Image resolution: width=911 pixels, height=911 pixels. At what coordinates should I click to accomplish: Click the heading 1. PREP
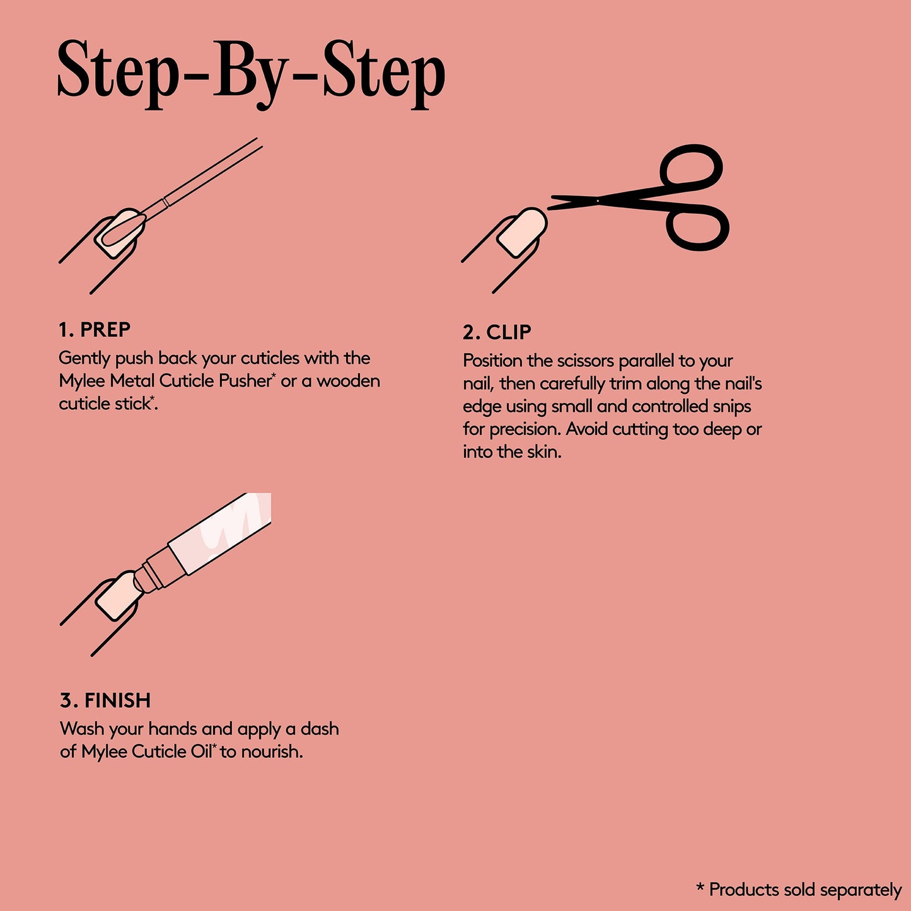pyautogui.click(x=95, y=330)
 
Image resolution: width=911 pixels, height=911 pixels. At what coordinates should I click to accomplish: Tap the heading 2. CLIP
pyautogui.click(x=497, y=332)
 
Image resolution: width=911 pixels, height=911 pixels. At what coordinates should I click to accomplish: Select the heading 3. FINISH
pyautogui.click(x=105, y=700)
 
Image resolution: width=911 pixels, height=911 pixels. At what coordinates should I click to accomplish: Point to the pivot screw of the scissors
pyautogui.click(x=597, y=201)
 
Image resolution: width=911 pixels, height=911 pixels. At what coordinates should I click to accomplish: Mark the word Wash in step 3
pyautogui.click(x=82, y=729)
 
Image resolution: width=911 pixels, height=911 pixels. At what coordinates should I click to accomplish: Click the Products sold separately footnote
pyautogui.click(x=799, y=890)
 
